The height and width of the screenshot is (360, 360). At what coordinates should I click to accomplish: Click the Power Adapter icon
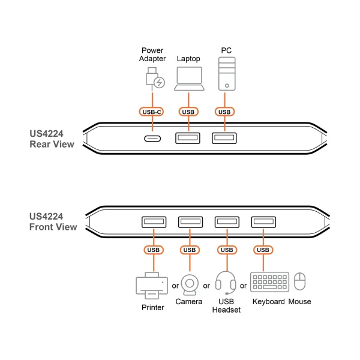point(154,79)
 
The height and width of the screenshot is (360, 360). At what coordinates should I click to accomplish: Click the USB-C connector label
point(153,112)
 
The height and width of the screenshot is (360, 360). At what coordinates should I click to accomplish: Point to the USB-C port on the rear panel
point(153,139)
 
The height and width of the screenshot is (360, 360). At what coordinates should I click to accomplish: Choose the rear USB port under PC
point(224,139)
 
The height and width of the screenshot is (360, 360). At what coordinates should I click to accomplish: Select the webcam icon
point(190,284)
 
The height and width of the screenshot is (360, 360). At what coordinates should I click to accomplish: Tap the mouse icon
point(300,283)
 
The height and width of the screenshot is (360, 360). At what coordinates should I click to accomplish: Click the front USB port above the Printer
point(153,223)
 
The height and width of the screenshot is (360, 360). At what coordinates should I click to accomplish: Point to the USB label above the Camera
point(190,250)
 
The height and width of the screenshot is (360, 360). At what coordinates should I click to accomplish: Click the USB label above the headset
point(226,250)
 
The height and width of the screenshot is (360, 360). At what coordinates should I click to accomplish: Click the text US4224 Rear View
point(52,139)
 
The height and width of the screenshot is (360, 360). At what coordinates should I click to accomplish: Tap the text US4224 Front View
point(53,222)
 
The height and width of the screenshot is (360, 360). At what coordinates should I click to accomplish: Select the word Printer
point(152,308)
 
